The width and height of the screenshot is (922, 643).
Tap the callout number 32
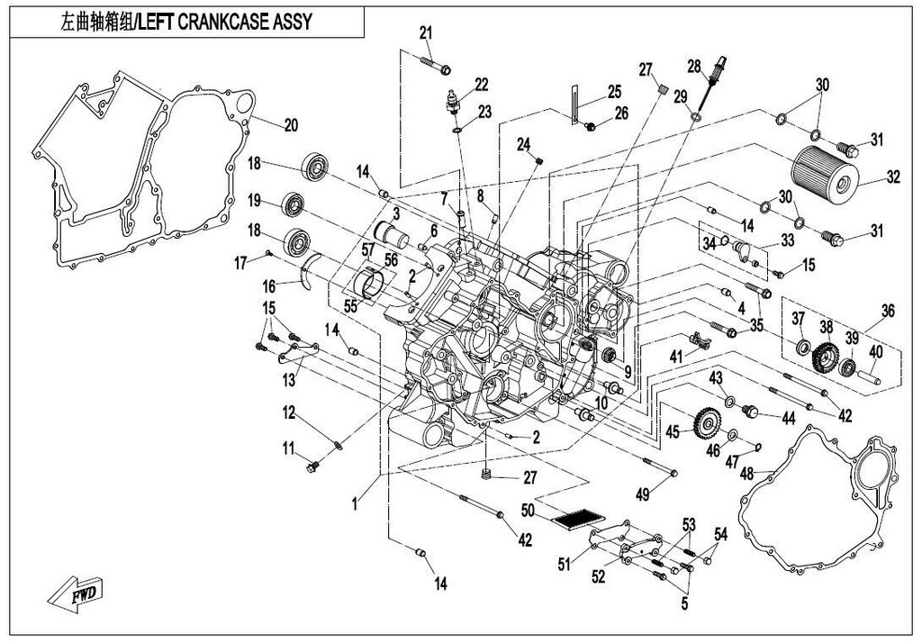coord(892,178)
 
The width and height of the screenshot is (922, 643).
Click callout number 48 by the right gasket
coord(746,473)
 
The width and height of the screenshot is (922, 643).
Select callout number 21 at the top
coord(426,33)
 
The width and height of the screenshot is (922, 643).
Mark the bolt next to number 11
coord(313,466)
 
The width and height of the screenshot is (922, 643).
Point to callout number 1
coord(355,506)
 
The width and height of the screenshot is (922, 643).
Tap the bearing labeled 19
coord(292,204)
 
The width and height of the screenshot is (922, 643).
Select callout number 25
coord(614,91)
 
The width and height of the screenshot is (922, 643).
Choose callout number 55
coord(349,306)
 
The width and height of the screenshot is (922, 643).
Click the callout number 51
coord(565,565)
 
